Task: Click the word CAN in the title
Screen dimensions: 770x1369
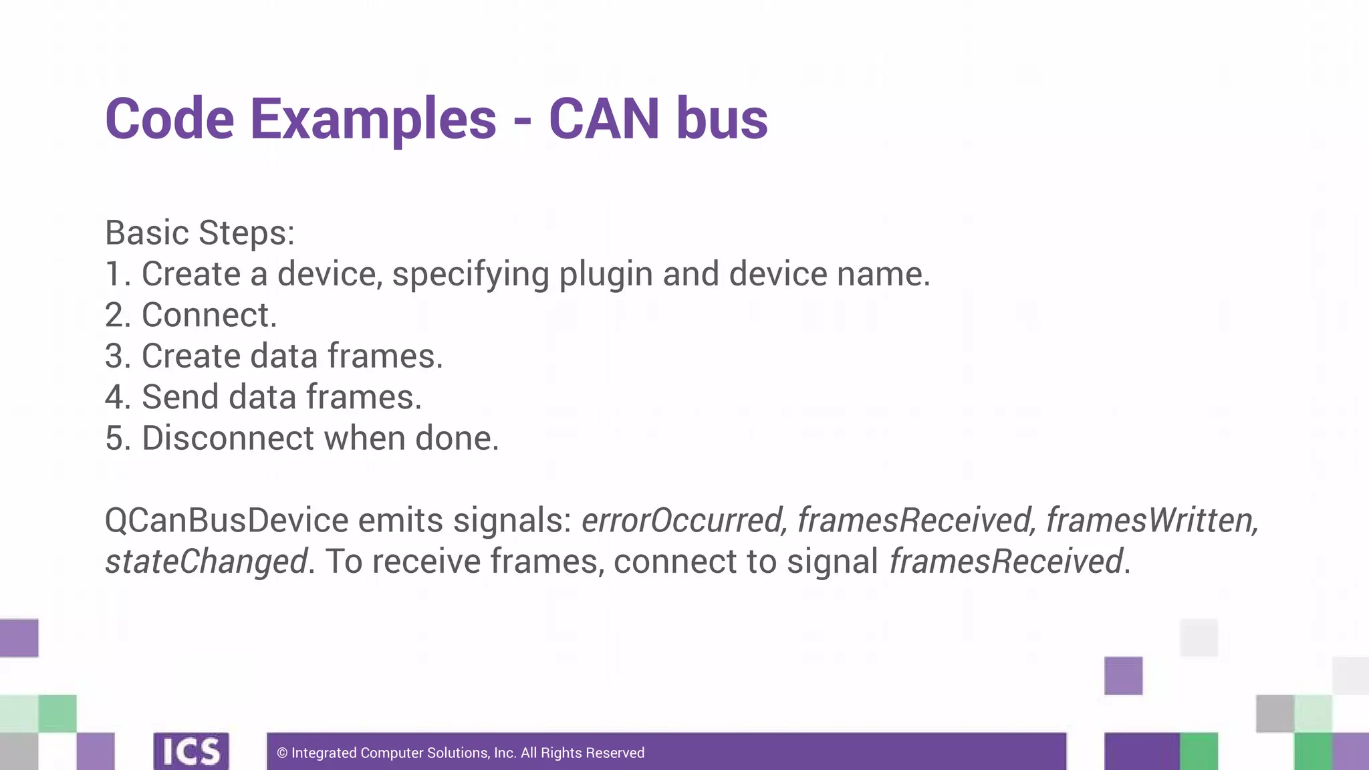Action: coord(604,119)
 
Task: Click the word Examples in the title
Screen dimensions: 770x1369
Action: coord(373,119)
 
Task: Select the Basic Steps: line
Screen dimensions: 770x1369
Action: coord(200,233)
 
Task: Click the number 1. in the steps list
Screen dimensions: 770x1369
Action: coord(118,274)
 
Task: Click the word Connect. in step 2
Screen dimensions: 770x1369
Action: coord(209,315)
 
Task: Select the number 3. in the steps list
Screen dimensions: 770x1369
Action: coord(118,356)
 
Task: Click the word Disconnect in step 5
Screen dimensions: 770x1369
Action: coord(228,438)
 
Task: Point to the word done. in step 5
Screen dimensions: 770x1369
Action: coord(457,438)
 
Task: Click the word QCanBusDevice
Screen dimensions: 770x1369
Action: coord(227,520)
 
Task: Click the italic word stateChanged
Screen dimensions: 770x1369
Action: coord(207,561)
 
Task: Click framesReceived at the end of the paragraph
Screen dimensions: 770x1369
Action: coord(1005,561)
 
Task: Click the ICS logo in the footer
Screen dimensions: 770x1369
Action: coord(191,751)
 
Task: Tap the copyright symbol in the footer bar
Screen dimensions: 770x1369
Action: coord(282,753)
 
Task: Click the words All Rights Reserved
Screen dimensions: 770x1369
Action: coord(582,753)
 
